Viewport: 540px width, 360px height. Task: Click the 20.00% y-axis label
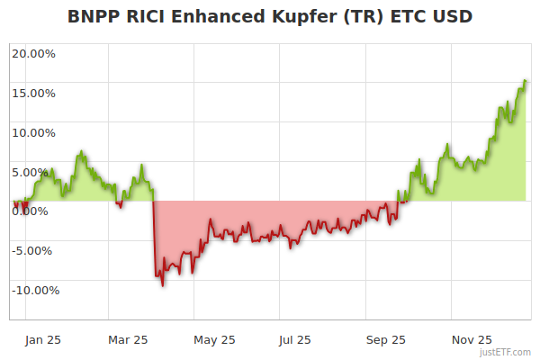click(33, 53)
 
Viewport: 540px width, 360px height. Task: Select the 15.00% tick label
click(33, 93)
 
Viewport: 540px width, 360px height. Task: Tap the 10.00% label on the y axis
click(33, 132)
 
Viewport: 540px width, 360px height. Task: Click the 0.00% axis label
click(34, 211)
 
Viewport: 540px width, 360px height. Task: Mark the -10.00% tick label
click(33, 290)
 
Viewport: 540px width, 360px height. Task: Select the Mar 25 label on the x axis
click(127, 340)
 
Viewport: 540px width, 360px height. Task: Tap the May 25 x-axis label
click(214, 340)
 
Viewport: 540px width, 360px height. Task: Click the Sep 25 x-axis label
click(386, 340)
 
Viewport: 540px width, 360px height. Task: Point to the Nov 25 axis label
click(472, 340)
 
